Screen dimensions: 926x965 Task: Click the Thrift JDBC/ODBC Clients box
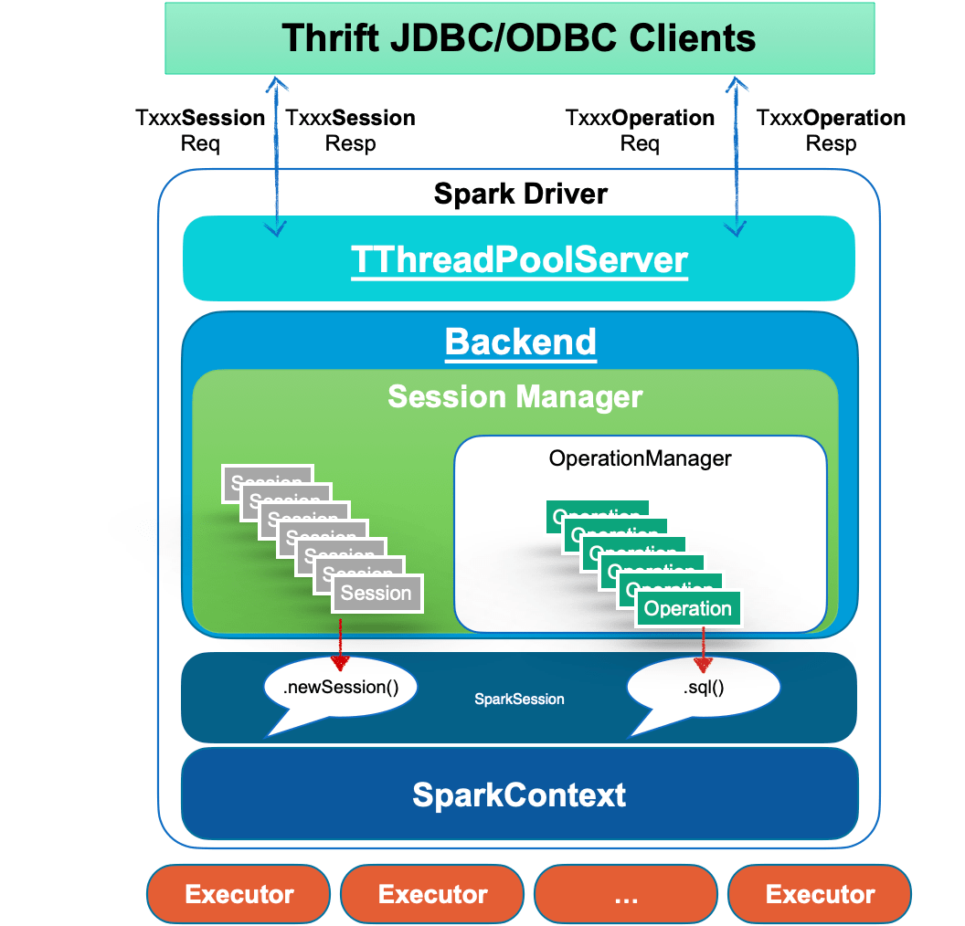[x=519, y=38]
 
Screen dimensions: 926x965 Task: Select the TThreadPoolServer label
[x=519, y=260]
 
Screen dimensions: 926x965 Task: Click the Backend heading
[x=520, y=342]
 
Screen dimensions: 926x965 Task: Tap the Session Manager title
[x=515, y=397]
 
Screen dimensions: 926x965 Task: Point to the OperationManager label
[x=640, y=458]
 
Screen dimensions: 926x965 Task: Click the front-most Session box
[x=376, y=594]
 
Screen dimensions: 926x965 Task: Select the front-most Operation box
[x=687, y=609]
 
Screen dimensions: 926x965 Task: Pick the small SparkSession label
[x=519, y=700]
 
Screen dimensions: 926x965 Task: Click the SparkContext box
[x=519, y=794]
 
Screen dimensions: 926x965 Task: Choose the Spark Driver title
[x=520, y=194]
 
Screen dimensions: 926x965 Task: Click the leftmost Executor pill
[x=239, y=894]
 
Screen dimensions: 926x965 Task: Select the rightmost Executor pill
[x=820, y=894]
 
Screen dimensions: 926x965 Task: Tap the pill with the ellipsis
[x=626, y=894]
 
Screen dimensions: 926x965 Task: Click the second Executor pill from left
[x=432, y=894]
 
